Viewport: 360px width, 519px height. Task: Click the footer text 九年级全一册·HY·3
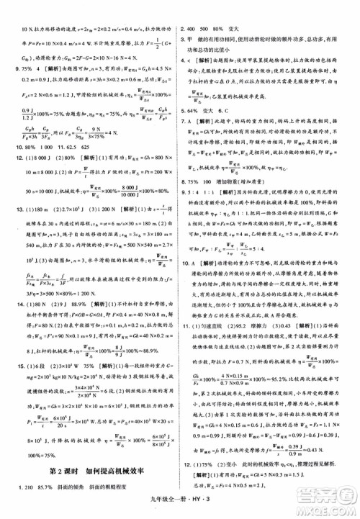(x=179, y=509)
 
